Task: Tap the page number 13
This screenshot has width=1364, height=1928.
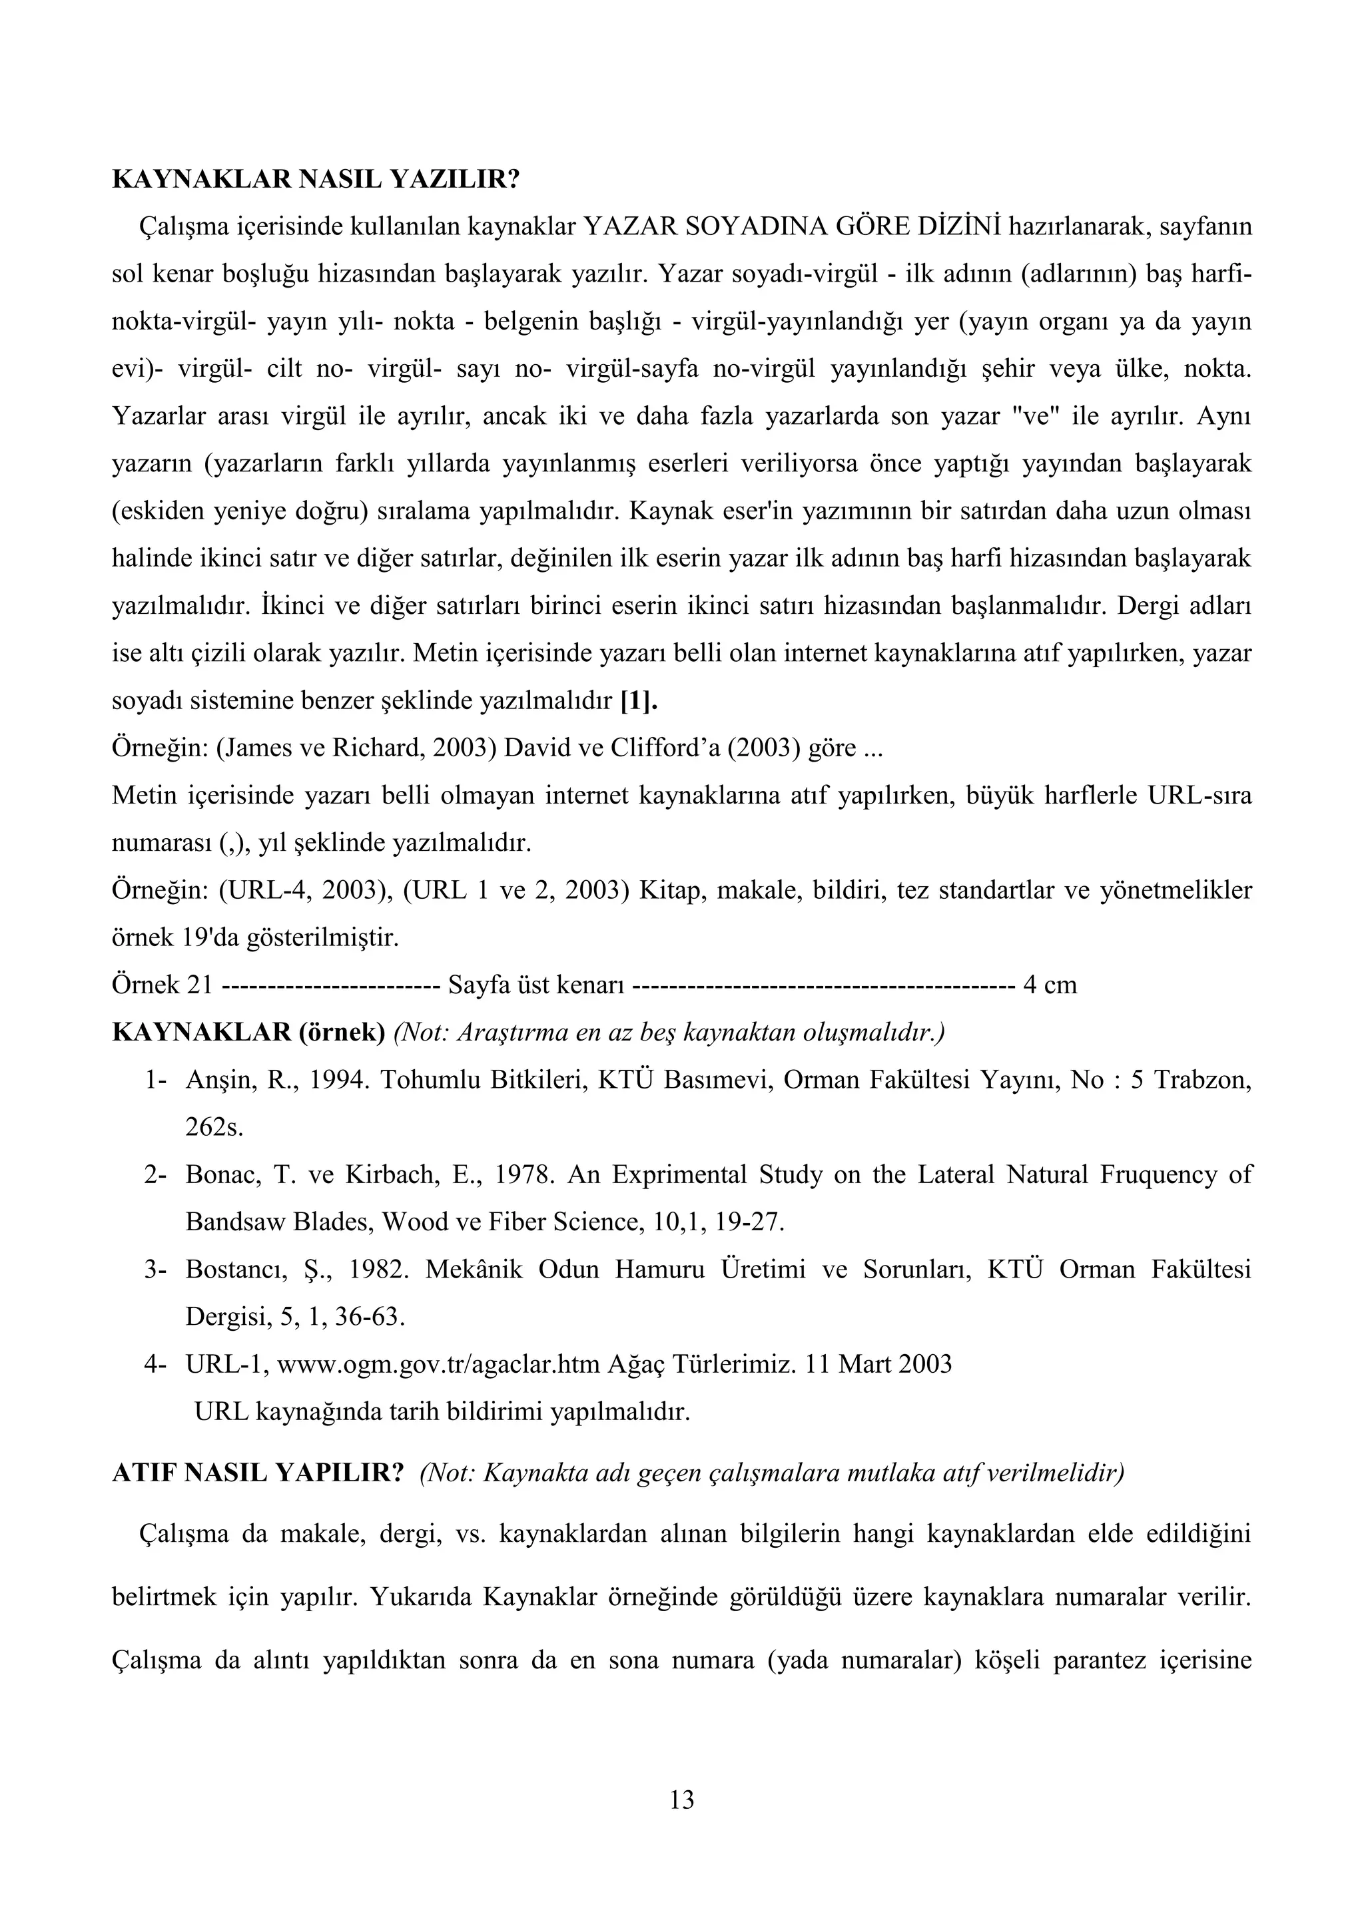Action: [682, 1799]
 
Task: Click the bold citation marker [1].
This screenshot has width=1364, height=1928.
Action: [638, 700]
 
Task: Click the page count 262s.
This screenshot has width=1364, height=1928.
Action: [214, 1127]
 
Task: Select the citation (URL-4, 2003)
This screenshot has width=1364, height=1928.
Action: [308, 890]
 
